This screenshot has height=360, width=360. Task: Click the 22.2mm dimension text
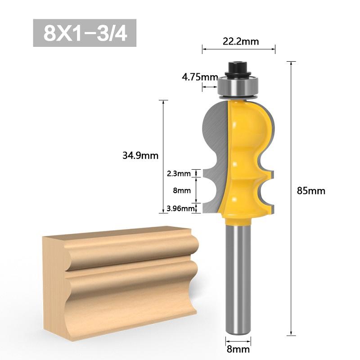(241, 41)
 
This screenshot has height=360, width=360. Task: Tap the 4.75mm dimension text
(199, 77)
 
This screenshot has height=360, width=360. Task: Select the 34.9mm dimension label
(140, 156)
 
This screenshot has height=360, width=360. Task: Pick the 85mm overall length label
(311, 190)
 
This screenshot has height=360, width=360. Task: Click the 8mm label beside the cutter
(182, 190)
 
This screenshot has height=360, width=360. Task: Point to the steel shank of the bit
(237, 279)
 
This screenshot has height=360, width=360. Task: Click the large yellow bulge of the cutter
(252, 130)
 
